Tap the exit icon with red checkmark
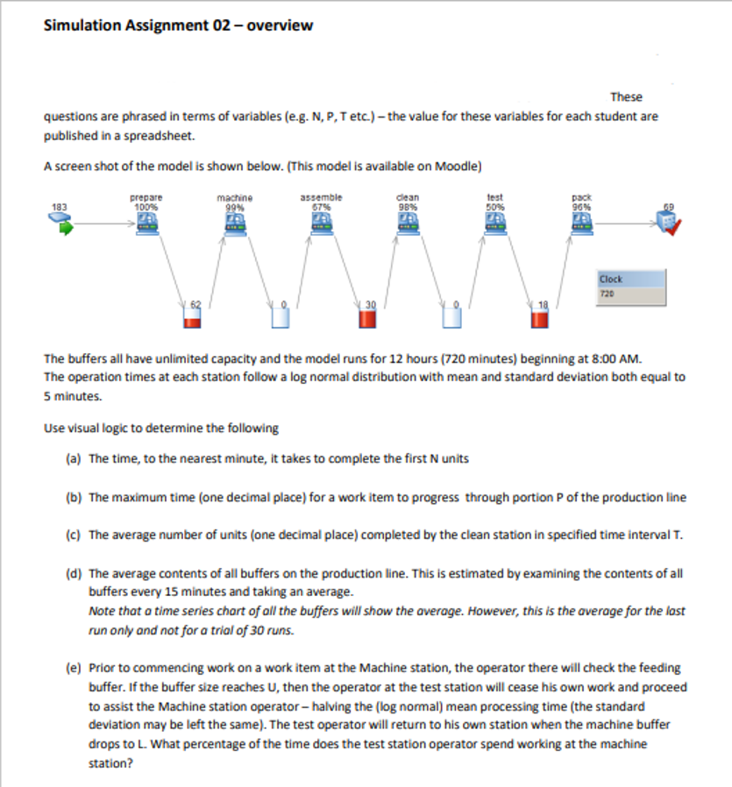(668, 225)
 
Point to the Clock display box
(626, 287)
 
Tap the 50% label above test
(494, 206)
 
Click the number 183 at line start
(60, 207)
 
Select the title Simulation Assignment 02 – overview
(178, 25)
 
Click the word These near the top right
(626, 96)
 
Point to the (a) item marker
(74, 458)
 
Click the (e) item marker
(74, 668)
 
